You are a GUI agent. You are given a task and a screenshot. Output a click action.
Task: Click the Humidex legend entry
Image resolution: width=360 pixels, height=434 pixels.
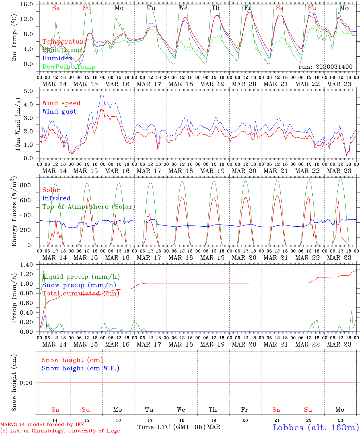(57, 58)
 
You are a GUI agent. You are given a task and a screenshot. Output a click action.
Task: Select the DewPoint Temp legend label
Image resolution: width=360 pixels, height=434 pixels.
(69, 67)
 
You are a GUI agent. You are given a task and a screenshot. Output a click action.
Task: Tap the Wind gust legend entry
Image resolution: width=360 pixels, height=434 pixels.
(59, 112)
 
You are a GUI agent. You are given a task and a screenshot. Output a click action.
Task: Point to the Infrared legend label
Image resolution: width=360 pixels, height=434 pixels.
(56, 198)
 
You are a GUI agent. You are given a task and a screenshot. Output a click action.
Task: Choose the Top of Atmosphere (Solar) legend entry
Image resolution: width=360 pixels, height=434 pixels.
(88, 207)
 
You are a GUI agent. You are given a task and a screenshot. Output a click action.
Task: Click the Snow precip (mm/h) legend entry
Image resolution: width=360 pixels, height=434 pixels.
(79, 285)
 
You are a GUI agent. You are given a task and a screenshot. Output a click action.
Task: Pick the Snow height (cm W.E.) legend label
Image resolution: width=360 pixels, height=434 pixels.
(80, 368)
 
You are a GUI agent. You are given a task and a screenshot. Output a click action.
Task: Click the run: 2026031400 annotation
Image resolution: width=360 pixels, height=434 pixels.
(325, 67)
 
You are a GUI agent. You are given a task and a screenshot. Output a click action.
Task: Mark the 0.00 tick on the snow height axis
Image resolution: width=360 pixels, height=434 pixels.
(30, 383)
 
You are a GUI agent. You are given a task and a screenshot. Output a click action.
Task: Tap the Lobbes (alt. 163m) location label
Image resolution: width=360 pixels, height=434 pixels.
(315, 427)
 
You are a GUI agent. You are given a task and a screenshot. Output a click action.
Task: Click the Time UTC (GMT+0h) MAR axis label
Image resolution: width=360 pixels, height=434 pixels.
(178, 427)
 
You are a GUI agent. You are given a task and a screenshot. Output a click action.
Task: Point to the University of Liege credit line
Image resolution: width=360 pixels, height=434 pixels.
(60, 431)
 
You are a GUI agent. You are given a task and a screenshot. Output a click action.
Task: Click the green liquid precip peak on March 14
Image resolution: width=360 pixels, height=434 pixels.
(44, 269)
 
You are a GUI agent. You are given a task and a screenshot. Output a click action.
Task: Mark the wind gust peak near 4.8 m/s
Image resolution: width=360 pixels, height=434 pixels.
(101, 94)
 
